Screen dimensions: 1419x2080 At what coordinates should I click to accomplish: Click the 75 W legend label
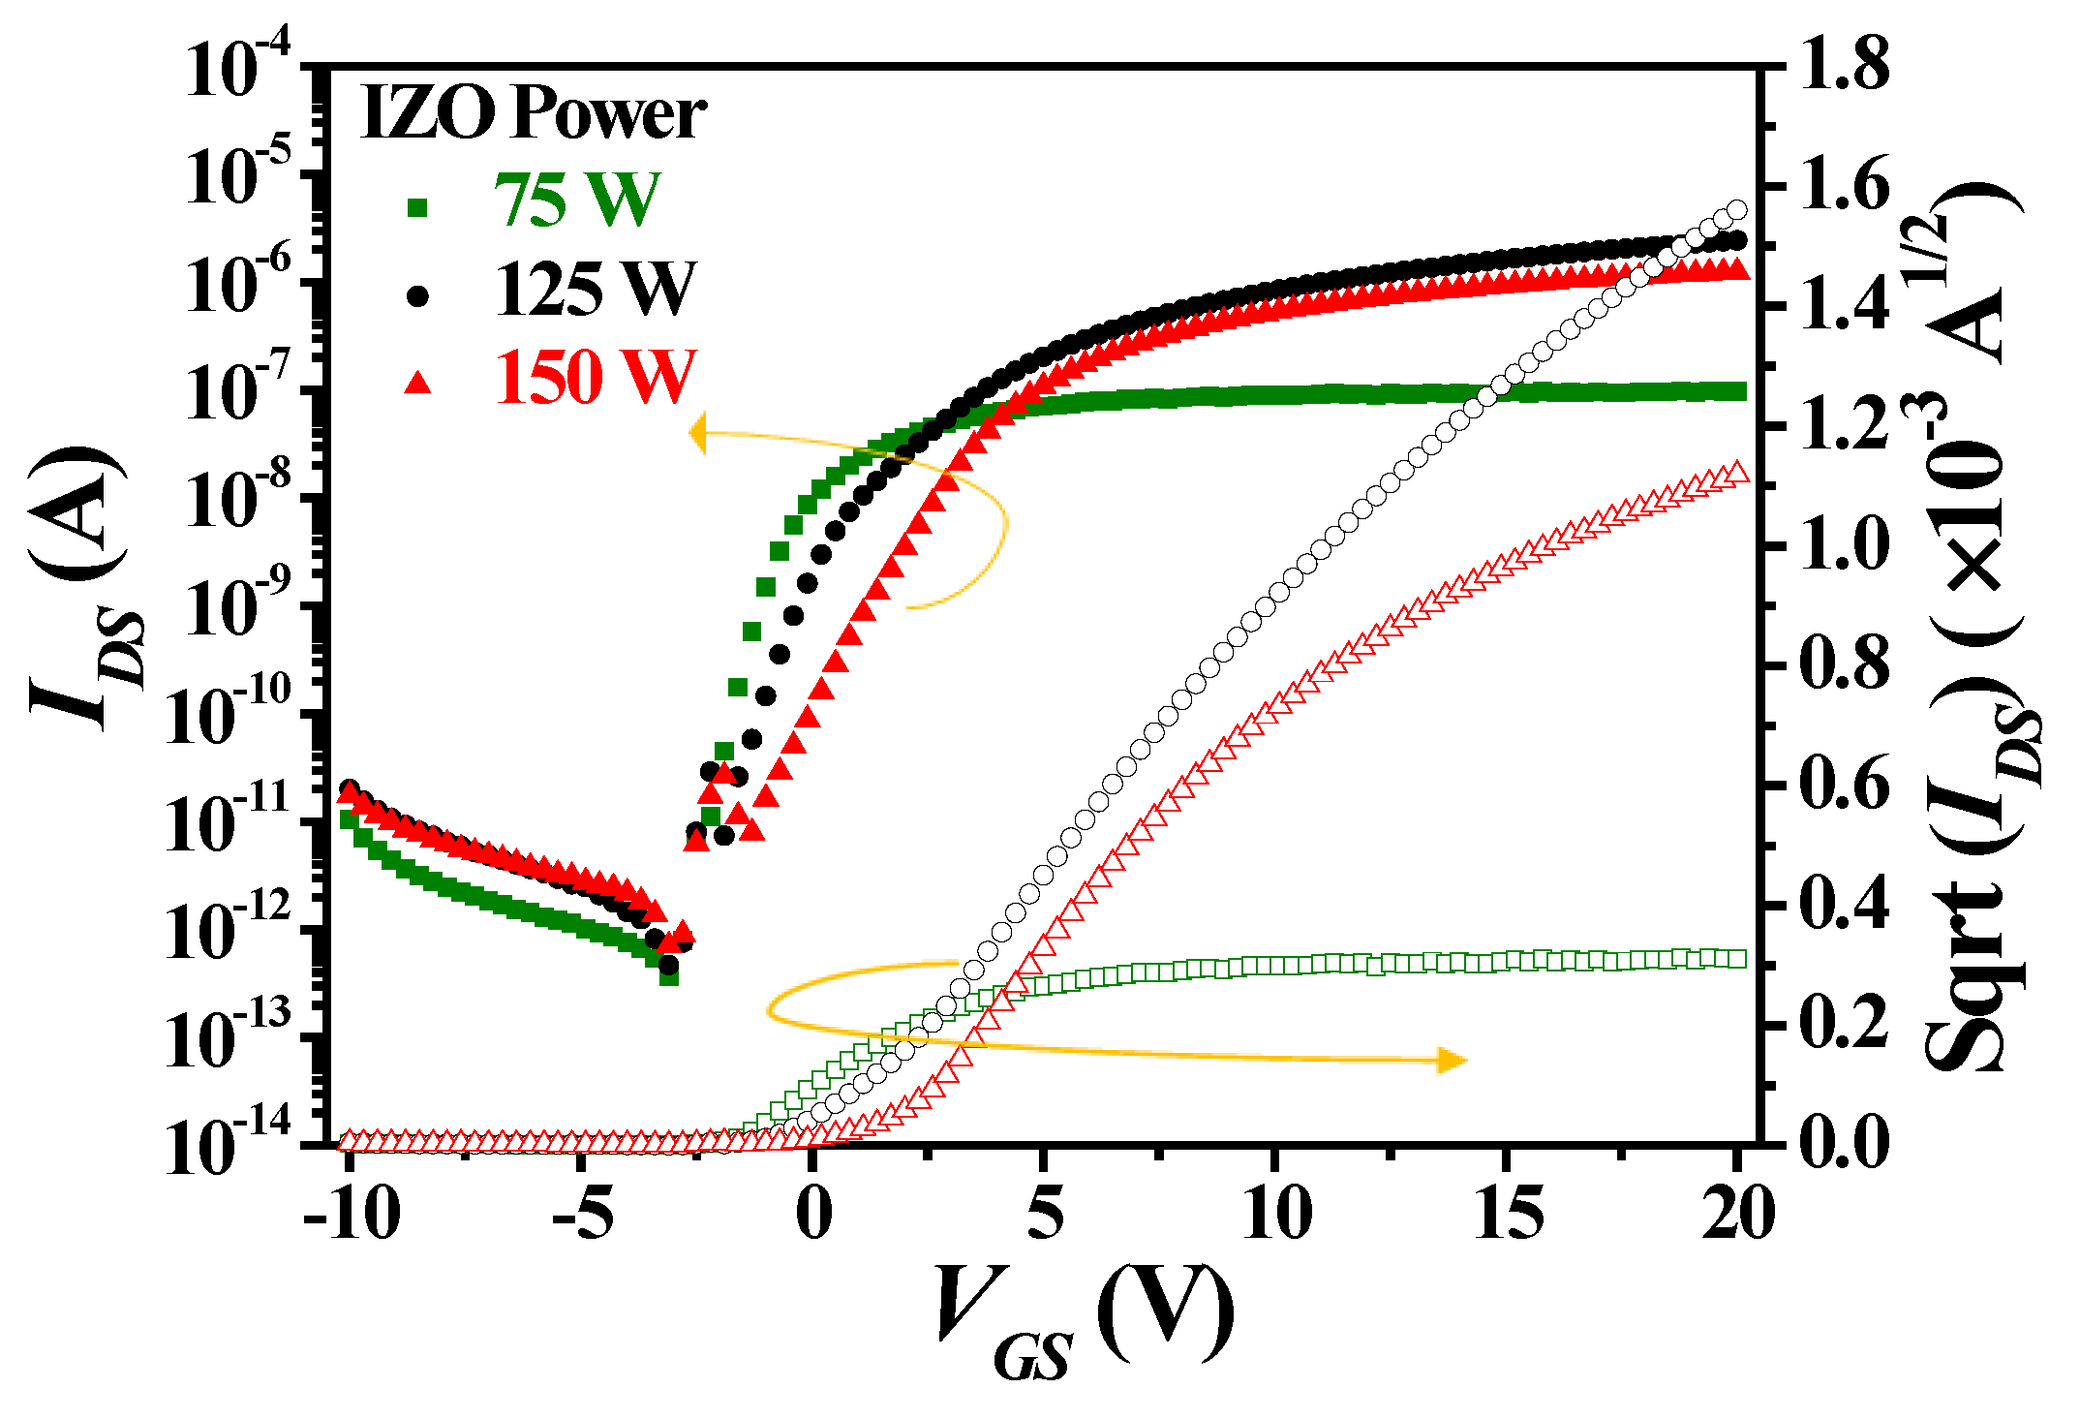[577, 201]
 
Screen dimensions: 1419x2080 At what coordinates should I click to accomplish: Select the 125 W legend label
[595, 289]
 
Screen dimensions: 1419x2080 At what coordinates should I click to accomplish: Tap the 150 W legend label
[595, 377]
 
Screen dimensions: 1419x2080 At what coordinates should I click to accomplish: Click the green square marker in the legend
[418, 207]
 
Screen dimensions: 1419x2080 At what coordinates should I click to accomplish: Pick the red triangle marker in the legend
[418, 383]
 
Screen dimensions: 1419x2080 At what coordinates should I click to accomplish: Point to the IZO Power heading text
[533, 113]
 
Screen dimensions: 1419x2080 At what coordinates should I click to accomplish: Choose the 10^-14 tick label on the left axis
[229, 1146]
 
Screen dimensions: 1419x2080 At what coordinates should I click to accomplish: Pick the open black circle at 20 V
[1737, 210]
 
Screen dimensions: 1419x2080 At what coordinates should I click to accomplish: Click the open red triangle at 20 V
[1737, 473]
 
